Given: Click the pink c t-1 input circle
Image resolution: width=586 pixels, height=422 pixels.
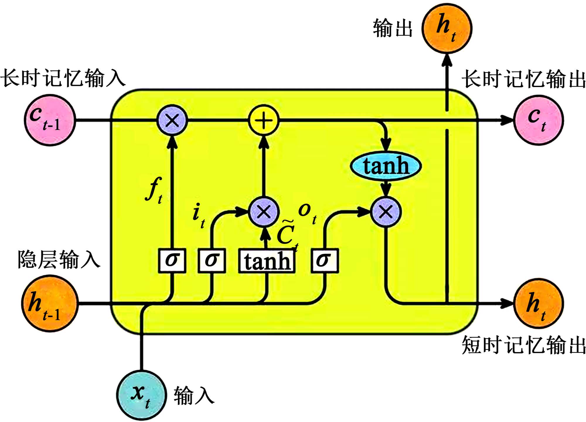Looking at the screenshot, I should click(x=50, y=120).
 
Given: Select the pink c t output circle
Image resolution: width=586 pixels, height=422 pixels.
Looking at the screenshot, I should click(x=539, y=120).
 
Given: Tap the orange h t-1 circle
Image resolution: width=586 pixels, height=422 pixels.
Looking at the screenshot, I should click(x=49, y=303).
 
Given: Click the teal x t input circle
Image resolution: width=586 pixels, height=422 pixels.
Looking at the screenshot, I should click(x=142, y=395).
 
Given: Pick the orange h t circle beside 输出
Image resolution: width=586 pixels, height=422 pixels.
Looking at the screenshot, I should click(x=447, y=28).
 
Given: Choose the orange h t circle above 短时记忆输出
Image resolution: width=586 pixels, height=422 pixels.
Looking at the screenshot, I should click(x=539, y=303).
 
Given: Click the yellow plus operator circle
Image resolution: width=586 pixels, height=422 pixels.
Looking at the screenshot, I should click(x=263, y=120).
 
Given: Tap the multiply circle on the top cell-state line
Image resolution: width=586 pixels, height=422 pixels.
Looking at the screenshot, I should click(x=172, y=120).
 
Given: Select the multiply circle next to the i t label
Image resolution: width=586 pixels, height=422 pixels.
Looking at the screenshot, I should click(x=263, y=212).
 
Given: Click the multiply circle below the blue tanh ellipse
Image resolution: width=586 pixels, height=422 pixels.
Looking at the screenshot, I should click(x=386, y=212).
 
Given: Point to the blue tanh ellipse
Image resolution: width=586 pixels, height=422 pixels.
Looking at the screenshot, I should click(x=386, y=166).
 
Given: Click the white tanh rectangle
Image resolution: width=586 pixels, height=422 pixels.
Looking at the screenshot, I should click(x=267, y=261).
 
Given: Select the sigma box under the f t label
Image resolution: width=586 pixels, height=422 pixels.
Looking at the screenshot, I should click(x=172, y=261).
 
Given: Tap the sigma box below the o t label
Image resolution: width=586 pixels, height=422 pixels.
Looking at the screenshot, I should click(x=325, y=261).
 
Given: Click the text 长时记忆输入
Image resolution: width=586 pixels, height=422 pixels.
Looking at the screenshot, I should click(x=63, y=78).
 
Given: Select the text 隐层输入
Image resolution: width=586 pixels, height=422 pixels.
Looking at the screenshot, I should click(x=59, y=259).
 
